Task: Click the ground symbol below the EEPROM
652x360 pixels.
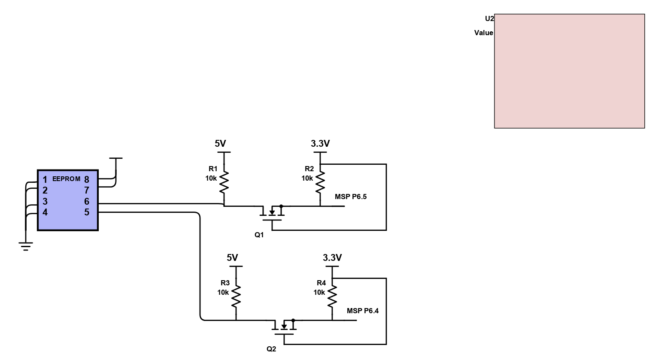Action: (x=26, y=246)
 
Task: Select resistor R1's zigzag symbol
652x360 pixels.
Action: (x=224, y=182)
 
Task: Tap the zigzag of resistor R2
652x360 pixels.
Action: (x=320, y=182)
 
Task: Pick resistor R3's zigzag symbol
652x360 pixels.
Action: (x=236, y=296)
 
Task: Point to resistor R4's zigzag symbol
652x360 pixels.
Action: (x=332, y=296)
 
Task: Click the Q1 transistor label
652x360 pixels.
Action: (x=259, y=235)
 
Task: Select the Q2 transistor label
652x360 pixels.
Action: (x=271, y=349)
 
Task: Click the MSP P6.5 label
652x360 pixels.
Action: (x=351, y=197)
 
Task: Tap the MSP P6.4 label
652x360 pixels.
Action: (x=363, y=311)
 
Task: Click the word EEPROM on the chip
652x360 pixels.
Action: (x=66, y=179)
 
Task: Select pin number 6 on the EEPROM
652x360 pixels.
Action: (x=87, y=201)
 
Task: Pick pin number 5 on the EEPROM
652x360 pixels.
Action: (x=87, y=212)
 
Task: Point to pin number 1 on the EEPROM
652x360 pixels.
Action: (x=45, y=180)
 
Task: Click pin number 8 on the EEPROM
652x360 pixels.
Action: (x=87, y=180)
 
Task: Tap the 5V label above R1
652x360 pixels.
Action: (x=220, y=144)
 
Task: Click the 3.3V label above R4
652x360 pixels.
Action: (x=332, y=257)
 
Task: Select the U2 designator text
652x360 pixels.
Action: (x=489, y=18)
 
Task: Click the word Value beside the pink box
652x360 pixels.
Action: (x=483, y=33)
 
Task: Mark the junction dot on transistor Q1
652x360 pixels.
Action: (x=281, y=206)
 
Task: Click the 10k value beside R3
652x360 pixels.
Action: (x=223, y=292)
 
